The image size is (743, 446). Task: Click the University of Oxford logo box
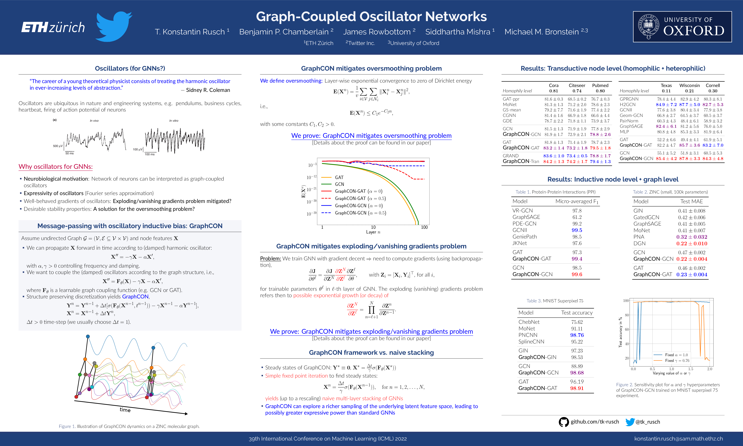click(x=682, y=27)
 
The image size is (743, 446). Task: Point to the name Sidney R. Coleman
click(x=208, y=90)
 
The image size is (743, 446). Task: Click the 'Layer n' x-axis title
click(x=373, y=232)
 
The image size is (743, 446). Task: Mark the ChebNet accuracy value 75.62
click(x=577, y=322)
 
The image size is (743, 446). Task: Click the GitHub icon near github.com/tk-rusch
click(x=564, y=422)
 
